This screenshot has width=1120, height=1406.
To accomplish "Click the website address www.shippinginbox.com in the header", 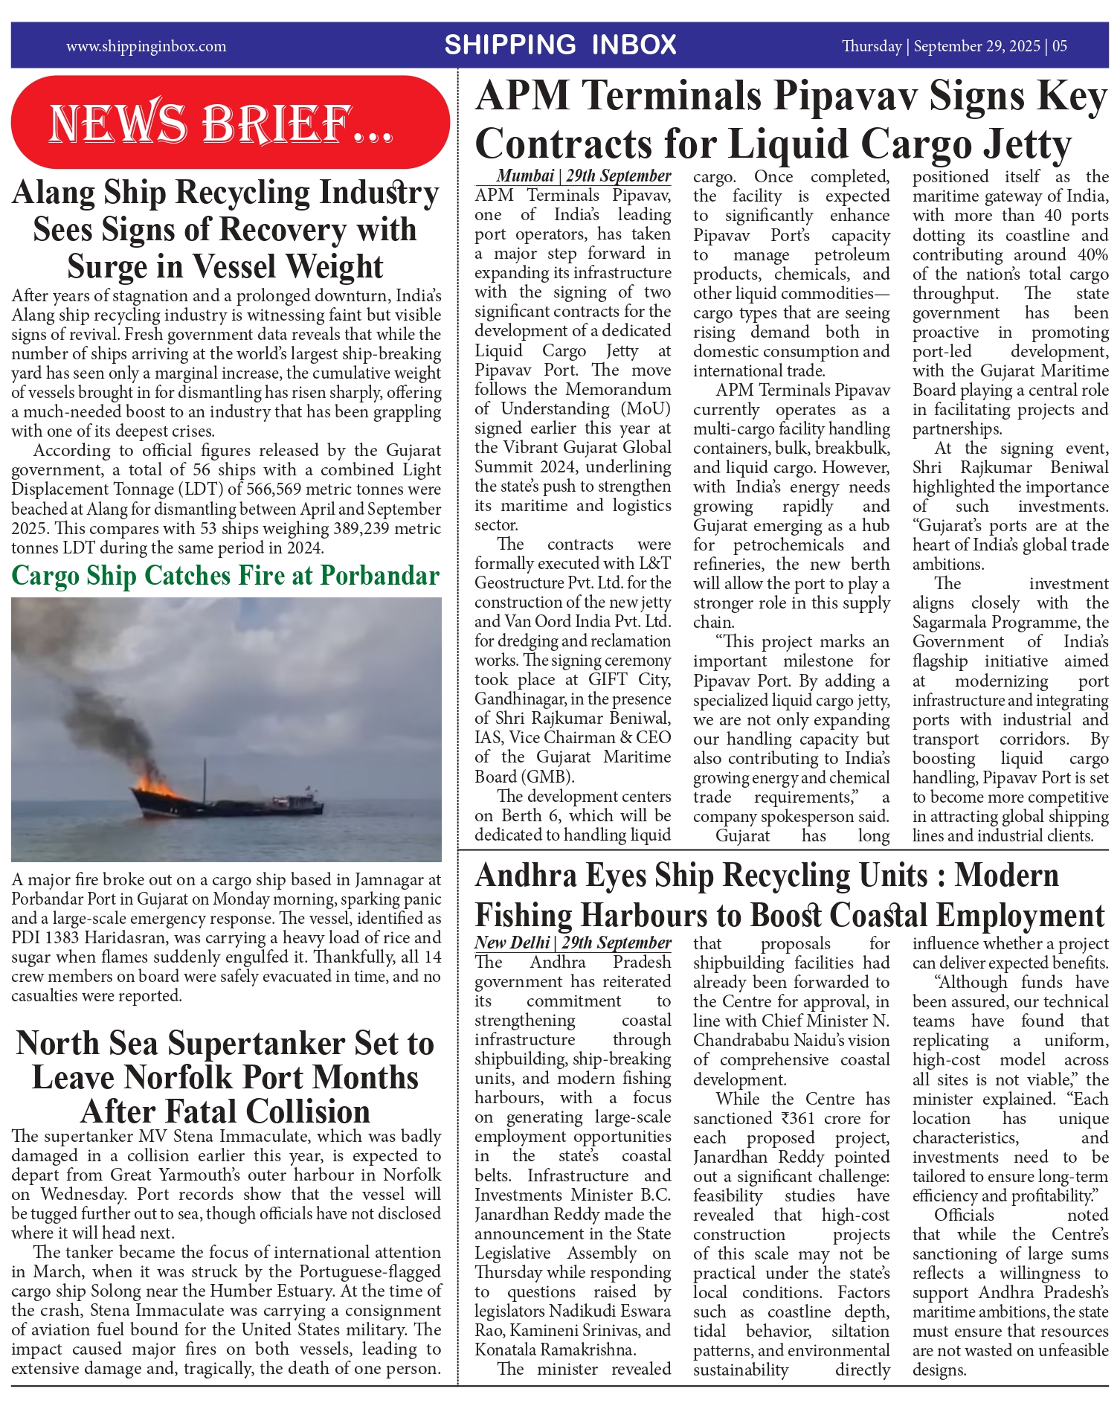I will (146, 46).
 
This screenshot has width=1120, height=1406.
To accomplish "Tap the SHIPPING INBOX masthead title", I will (560, 45).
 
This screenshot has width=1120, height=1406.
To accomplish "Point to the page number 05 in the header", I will (1060, 46).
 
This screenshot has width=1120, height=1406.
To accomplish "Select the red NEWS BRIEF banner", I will (230, 123).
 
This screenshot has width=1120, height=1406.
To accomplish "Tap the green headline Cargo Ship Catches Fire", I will (225, 576).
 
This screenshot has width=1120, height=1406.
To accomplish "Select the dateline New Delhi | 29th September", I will (573, 943).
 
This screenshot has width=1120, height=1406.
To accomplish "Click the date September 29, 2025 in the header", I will (976, 46).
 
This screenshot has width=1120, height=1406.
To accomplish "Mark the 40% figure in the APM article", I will (1092, 254).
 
